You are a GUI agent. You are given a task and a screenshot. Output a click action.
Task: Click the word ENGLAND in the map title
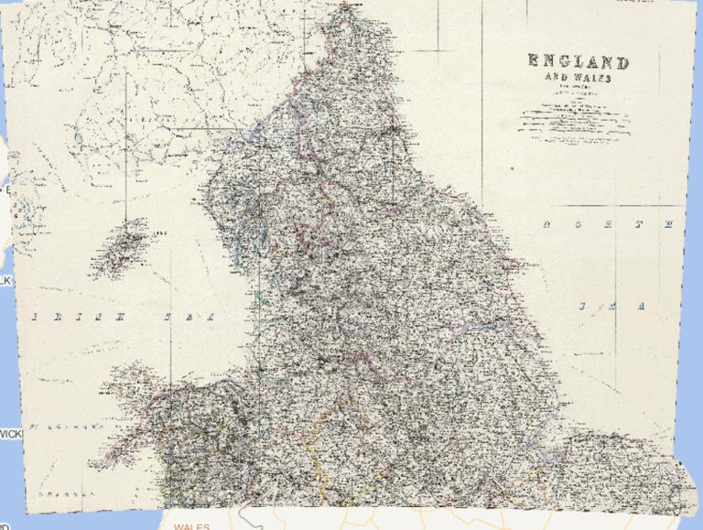[x=578, y=63]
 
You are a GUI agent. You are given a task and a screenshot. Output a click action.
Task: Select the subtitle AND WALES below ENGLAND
[x=577, y=79]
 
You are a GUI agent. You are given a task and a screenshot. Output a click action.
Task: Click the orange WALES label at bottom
[x=191, y=526]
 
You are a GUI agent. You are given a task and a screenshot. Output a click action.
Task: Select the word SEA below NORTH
[x=611, y=305]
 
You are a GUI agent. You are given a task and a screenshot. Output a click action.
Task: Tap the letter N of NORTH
[x=546, y=223]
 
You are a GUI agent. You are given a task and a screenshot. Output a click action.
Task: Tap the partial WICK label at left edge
[x=9, y=433]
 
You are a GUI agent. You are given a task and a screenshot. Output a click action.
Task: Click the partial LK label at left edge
[x=5, y=280]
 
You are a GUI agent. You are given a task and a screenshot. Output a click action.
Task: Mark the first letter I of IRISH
[x=37, y=317]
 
